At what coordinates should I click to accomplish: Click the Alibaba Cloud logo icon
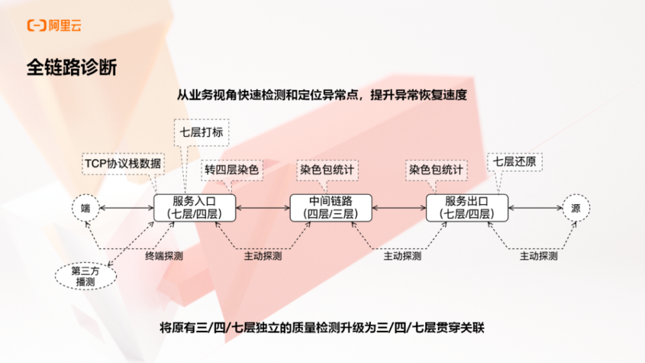(37, 25)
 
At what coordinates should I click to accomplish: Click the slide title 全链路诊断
(72, 67)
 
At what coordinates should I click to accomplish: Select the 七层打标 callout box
(202, 132)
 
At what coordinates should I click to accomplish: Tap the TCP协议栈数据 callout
(123, 163)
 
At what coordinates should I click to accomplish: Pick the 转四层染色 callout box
(232, 170)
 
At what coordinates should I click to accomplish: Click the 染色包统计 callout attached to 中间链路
(327, 170)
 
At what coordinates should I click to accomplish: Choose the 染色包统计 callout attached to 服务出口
(436, 170)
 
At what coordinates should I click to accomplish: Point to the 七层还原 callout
(515, 162)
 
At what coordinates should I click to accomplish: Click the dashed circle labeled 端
(86, 208)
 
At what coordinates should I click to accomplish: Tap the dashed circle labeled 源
(576, 208)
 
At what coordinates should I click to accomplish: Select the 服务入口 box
(195, 208)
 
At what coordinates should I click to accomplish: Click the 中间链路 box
(331, 208)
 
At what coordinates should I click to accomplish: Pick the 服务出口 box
(467, 208)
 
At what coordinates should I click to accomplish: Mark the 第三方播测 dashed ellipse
(86, 276)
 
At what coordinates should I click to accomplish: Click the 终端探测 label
(164, 256)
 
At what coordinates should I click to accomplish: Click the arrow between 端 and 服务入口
(127, 208)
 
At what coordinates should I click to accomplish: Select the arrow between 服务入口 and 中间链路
(263, 208)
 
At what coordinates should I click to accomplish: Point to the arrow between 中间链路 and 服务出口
(399, 208)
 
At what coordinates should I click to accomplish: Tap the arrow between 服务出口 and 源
(535, 208)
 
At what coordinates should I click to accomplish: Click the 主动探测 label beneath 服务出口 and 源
(539, 256)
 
